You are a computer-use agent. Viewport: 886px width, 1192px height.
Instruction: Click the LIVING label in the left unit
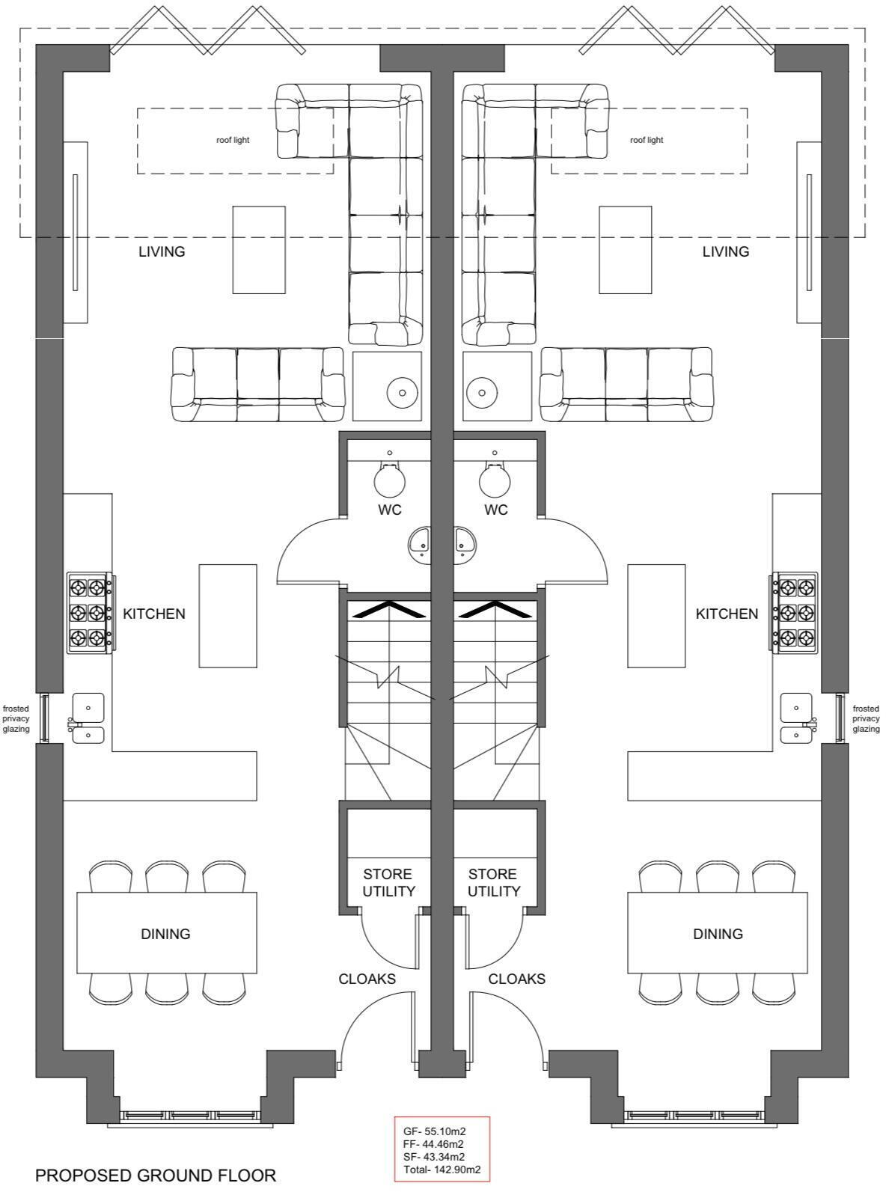162,251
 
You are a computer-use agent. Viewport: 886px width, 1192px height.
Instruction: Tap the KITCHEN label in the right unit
727,614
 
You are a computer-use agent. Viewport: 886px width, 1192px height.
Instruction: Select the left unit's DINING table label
166,934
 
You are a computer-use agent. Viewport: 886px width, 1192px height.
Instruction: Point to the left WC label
390,510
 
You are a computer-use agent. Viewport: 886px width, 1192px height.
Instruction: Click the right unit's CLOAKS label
516,979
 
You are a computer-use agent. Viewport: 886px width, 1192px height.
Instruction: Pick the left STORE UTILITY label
388,883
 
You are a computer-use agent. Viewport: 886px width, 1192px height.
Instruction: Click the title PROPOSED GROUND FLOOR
156,1176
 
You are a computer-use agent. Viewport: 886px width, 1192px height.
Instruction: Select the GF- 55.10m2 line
434,1131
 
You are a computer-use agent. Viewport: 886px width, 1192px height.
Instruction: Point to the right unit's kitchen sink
795,718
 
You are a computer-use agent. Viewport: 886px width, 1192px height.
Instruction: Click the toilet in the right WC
495,480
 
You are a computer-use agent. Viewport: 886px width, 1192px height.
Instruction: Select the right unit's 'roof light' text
647,140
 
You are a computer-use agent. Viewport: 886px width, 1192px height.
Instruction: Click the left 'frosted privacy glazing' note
16,718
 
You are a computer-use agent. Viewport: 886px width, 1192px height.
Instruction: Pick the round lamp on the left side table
402,391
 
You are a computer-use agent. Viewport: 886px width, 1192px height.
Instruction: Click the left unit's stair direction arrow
389,610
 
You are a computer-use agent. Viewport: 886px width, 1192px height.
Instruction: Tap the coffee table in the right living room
625,250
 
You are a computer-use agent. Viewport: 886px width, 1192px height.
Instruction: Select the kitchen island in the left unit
227,616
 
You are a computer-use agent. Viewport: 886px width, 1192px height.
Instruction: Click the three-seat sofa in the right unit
626,385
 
